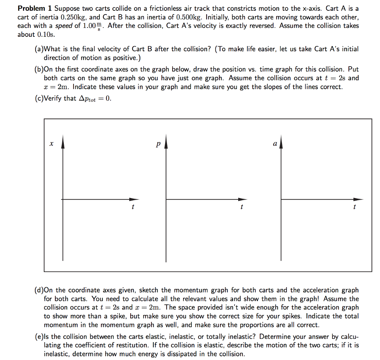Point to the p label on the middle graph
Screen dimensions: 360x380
158,144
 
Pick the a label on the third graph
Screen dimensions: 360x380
275,143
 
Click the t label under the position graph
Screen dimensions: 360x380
132,207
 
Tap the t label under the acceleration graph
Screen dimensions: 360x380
354,207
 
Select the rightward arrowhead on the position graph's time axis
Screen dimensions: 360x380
135,199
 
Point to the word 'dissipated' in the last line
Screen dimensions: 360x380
194,354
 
